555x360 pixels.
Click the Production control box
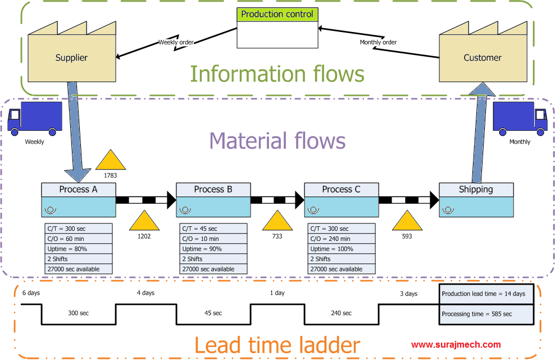277,28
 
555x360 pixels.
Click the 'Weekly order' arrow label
176,42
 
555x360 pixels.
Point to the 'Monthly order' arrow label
378,42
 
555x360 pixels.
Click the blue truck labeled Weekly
35,119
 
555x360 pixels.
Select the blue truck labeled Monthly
520,119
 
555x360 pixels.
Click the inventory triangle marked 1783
111,161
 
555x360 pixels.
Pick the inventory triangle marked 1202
144,221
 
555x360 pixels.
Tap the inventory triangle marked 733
277,221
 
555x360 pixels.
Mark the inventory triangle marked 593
407,221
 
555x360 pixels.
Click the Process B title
213,190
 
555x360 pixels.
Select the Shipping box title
476,190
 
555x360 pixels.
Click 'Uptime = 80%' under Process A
79,249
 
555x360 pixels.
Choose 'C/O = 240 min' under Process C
342,239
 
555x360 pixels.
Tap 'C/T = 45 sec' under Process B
213,229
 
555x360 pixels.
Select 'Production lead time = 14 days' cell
485,294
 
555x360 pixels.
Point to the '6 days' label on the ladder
31,293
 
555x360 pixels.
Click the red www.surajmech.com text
456,345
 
